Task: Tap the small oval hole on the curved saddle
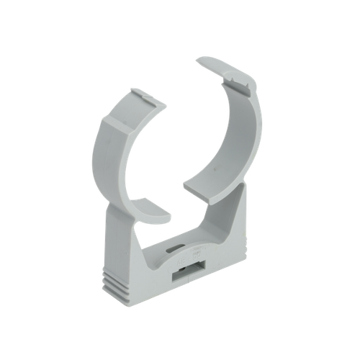174,248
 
